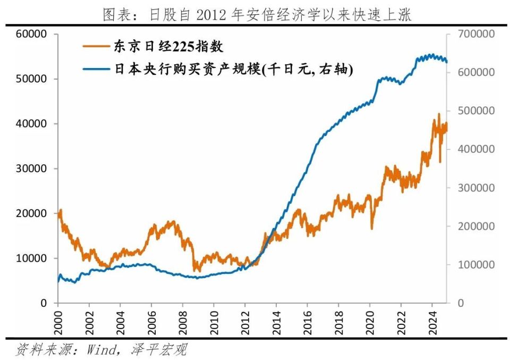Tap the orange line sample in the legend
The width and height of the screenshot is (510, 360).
coord(96,47)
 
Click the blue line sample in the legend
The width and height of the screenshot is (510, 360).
coord(96,69)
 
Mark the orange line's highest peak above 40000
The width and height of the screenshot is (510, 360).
coord(439,114)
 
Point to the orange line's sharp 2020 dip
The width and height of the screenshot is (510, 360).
coord(372,229)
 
